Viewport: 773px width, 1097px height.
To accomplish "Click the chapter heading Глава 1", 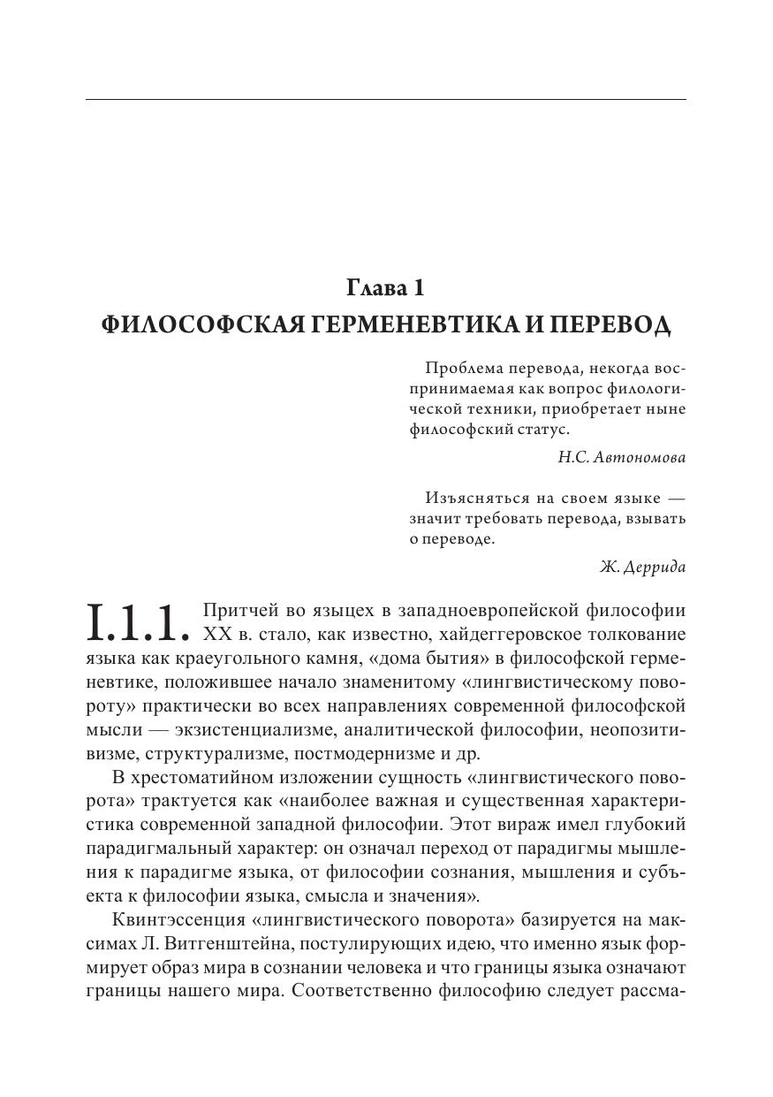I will coord(386,288).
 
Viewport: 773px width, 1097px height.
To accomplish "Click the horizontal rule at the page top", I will coord(386,100).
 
